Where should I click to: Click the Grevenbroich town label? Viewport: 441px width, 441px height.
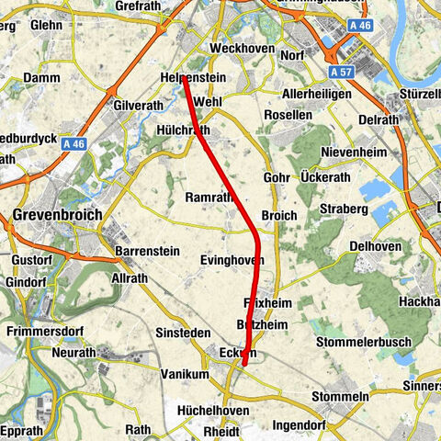[56, 217]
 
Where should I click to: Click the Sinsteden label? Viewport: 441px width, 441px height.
[186, 330]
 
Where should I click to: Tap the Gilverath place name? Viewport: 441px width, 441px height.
[138, 106]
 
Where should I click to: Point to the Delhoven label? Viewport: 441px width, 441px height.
[379, 246]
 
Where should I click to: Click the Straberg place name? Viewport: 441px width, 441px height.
[344, 209]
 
